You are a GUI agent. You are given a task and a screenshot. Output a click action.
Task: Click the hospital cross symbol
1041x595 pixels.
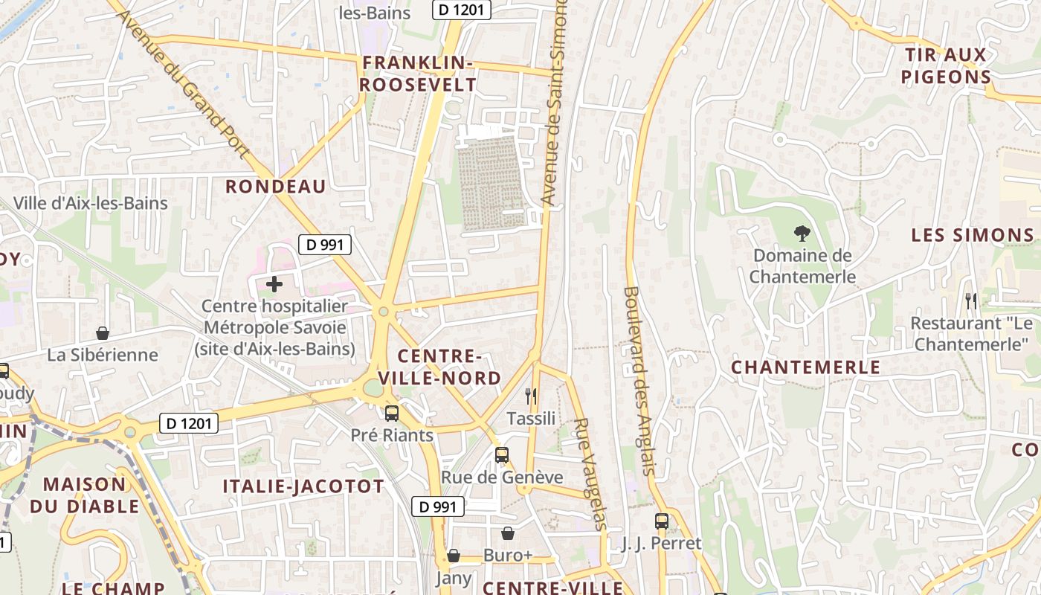point(274,283)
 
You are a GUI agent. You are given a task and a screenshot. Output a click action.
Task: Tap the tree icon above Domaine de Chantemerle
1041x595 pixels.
point(802,234)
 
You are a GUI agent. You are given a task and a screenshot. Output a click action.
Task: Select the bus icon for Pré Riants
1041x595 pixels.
point(392,414)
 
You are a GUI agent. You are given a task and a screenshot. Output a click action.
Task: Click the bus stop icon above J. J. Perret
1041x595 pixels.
point(662,521)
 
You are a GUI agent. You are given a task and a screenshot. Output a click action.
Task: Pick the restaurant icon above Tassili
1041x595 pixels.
point(531,396)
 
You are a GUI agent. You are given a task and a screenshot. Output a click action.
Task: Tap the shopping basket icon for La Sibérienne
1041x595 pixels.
point(103,333)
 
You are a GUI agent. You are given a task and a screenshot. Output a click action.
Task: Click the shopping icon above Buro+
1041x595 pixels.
point(508,533)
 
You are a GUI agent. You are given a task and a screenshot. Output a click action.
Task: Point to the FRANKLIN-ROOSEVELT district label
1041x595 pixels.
point(417,74)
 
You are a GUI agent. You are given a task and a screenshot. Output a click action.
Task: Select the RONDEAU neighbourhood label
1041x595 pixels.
point(276,187)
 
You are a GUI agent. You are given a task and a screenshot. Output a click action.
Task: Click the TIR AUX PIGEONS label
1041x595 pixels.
point(946,65)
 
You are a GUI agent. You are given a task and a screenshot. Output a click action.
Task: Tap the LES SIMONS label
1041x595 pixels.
point(973,236)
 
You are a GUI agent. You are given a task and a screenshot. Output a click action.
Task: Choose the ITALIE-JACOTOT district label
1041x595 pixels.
point(303,487)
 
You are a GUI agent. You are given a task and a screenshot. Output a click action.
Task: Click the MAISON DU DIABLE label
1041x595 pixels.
point(85,495)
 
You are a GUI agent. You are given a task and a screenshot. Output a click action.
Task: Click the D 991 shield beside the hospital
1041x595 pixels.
point(325,244)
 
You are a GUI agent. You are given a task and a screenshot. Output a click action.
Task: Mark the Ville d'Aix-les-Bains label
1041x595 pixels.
point(91,203)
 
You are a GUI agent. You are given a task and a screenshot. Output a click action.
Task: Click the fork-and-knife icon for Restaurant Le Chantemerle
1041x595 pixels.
point(971,300)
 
